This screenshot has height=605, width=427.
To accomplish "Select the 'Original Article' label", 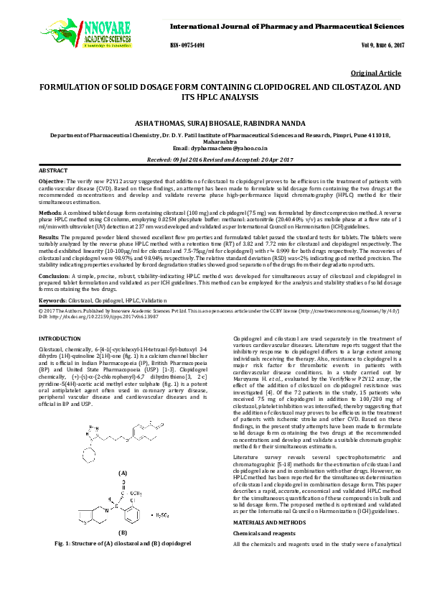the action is pyautogui.click(x=375, y=73).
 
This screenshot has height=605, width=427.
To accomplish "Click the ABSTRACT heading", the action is pyautogui.click(x=52, y=170).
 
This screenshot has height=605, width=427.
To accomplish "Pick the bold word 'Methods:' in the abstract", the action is pyautogui.click(x=50, y=213).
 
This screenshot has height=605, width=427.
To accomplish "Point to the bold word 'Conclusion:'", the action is pyautogui.click(x=54, y=276).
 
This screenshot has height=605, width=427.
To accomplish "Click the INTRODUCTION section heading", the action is pyautogui.click(x=60, y=338).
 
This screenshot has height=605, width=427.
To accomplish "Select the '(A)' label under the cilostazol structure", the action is pyautogui.click(x=123, y=474).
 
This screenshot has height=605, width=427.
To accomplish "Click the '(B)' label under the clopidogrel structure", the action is pyautogui.click(x=122, y=532).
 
